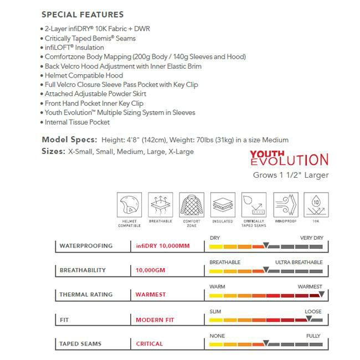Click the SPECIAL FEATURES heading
tap(83, 14)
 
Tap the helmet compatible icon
tap(129, 205)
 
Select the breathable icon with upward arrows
tap(160, 205)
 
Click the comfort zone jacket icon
tap(191, 205)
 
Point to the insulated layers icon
tap(223, 205)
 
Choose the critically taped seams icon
tap(254, 205)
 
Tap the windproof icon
tap(285, 205)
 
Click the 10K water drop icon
tap(316, 205)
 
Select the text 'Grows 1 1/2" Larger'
tap(291, 176)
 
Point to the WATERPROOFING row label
tap(86, 246)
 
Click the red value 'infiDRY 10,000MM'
tap(162, 246)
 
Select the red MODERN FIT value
tap(155, 320)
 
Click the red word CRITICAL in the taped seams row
tap(150, 344)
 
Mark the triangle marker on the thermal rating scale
tap(321, 294)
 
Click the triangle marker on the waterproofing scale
tap(266, 245)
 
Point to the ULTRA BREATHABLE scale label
tap(299, 262)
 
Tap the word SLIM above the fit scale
tap(215, 311)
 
